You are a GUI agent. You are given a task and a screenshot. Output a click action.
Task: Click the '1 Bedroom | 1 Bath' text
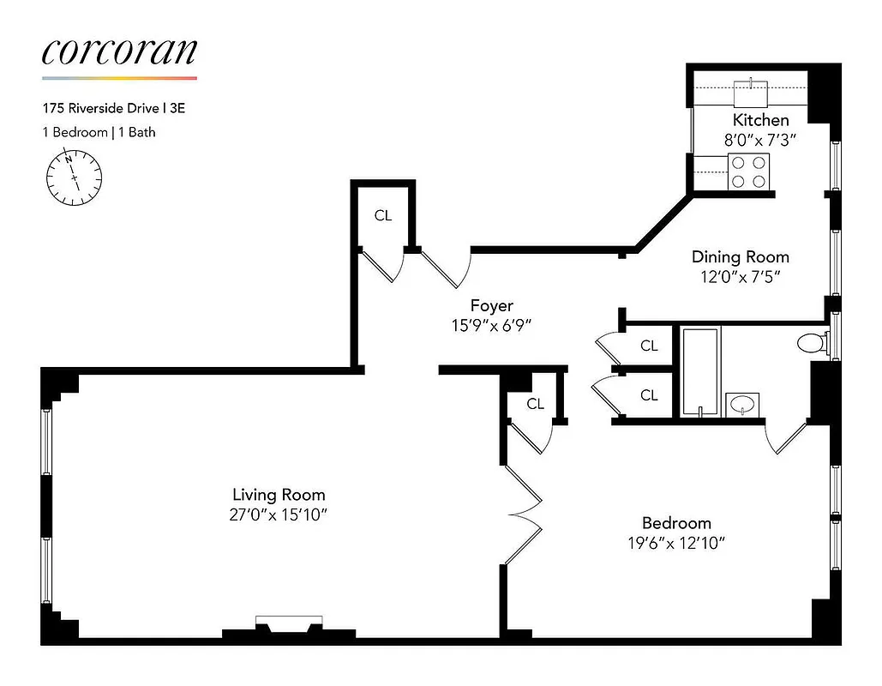coord(99,132)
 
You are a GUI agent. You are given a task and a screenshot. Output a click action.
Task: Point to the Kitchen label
coord(759,120)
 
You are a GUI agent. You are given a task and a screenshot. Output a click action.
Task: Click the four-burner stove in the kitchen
coord(748,171)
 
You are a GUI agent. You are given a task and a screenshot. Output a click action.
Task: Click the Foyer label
coord(492,306)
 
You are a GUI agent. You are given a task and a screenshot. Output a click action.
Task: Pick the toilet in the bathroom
coord(813,344)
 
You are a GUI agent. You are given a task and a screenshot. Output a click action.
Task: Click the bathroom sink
coord(741,403)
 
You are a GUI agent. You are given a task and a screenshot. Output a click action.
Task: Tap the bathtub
coord(701,370)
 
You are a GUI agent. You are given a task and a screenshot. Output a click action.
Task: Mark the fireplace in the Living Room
coord(289,625)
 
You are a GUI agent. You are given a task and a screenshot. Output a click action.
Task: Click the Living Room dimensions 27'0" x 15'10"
coord(279,514)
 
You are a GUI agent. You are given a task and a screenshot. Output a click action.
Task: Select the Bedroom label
coord(676,523)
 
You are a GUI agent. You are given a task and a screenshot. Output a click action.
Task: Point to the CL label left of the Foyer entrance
coord(382,216)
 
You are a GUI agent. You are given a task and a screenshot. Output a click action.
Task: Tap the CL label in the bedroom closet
coord(535,404)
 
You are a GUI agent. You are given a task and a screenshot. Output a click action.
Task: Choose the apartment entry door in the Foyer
coord(447,267)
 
